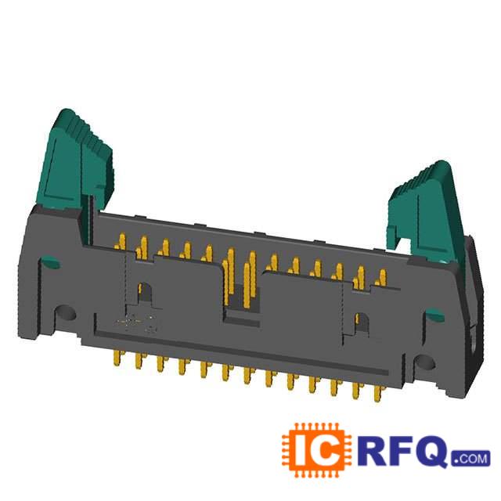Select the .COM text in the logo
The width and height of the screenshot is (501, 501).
click(470, 459)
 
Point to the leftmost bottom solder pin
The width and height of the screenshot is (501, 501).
click(117, 357)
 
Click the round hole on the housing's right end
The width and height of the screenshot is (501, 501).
click(425, 363)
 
